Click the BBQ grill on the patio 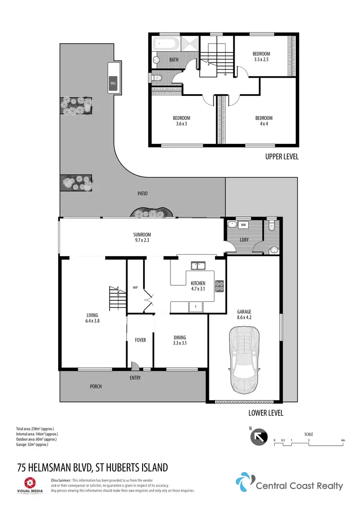tap(113, 83)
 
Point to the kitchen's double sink tap(198, 265)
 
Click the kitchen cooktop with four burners tap(220, 285)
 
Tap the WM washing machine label tap(243, 225)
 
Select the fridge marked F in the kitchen tap(195, 306)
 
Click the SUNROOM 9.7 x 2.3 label tap(142, 237)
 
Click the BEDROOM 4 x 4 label tap(264, 121)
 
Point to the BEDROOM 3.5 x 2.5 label tap(262, 56)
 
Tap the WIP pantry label tap(135, 288)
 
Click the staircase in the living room tap(117, 298)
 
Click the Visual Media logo tap(30, 485)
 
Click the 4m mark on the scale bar tap(343, 440)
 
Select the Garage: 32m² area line tap(33, 444)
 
